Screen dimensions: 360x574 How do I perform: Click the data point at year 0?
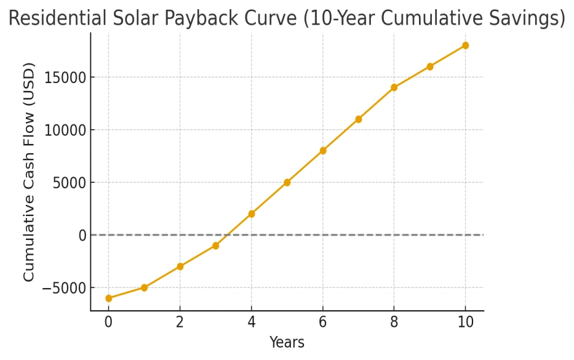coord(109,298)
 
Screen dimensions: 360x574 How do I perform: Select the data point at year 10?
coord(465,46)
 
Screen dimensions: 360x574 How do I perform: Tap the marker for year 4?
coord(251,214)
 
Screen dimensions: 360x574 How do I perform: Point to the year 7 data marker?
coord(358,119)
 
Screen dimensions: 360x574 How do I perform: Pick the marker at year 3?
coord(215,246)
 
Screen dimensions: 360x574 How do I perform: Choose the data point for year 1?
coord(144,287)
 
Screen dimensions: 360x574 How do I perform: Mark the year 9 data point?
coord(429,66)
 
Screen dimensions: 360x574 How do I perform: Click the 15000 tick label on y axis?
coord(65,78)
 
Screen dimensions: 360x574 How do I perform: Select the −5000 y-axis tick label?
coord(65,288)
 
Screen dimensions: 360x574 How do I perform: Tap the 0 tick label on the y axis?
coord(81,235)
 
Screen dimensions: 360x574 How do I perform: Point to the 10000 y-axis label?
coord(65,130)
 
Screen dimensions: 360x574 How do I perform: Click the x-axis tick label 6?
coord(322,322)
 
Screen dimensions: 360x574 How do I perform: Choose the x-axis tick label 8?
coord(394,322)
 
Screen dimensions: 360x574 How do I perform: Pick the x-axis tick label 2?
coord(180,322)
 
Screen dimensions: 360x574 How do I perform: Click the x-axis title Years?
coord(287,342)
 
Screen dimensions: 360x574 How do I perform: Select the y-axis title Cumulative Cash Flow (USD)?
coord(30,172)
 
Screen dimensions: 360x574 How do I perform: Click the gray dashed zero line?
coord(369,235)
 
